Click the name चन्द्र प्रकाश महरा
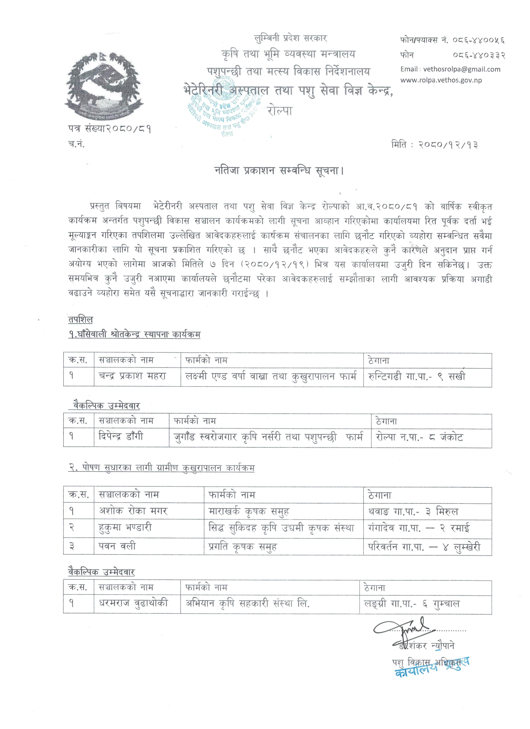click(x=132, y=376)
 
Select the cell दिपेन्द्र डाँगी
click(x=121, y=436)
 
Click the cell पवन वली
click(x=117, y=546)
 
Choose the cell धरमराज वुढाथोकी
click(x=133, y=603)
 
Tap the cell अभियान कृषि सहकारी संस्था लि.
click(x=248, y=603)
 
